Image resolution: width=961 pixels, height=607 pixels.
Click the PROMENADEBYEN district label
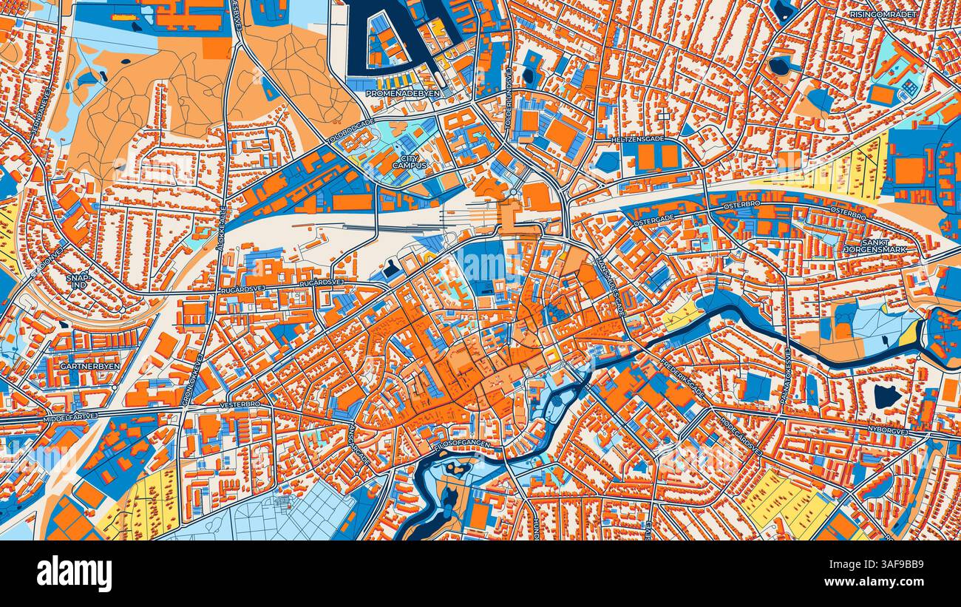tap(403, 94)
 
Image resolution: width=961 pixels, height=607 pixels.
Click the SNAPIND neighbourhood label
tap(78, 282)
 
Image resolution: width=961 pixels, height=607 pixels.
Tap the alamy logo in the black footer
tap(74, 574)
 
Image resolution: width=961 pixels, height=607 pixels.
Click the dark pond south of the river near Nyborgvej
tap(886, 396)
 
